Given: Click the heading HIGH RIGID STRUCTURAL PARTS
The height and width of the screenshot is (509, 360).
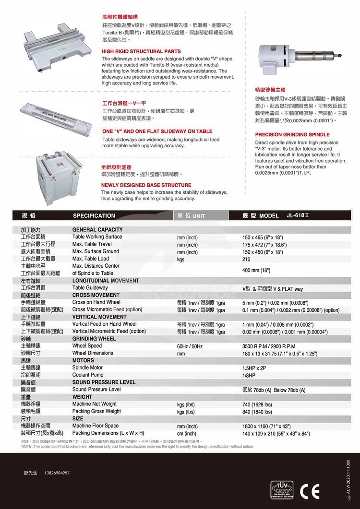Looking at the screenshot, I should tap(141, 51).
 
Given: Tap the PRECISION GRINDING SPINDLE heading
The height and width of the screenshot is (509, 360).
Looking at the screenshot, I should tap(292, 135).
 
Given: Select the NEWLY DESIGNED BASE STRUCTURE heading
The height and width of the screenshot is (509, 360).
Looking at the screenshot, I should tap(146, 185).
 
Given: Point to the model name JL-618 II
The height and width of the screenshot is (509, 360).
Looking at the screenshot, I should tap(299, 216).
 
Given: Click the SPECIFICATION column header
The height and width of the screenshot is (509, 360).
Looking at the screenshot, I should tap(94, 216).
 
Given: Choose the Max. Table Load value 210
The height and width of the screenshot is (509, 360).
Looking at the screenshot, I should tap(247, 259).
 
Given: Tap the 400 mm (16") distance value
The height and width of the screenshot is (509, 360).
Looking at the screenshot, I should tap(256, 271).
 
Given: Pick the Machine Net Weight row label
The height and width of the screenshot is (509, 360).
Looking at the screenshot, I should tap(94, 404).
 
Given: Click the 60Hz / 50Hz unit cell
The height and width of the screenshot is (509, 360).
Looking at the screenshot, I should tap(190, 346).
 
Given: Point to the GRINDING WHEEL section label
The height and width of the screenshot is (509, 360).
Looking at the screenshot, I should tap(94, 339).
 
